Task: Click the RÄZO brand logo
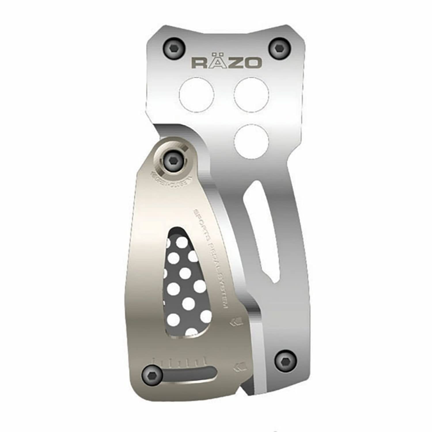(226, 62)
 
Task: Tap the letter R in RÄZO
(199, 63)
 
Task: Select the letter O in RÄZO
(253, 63)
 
